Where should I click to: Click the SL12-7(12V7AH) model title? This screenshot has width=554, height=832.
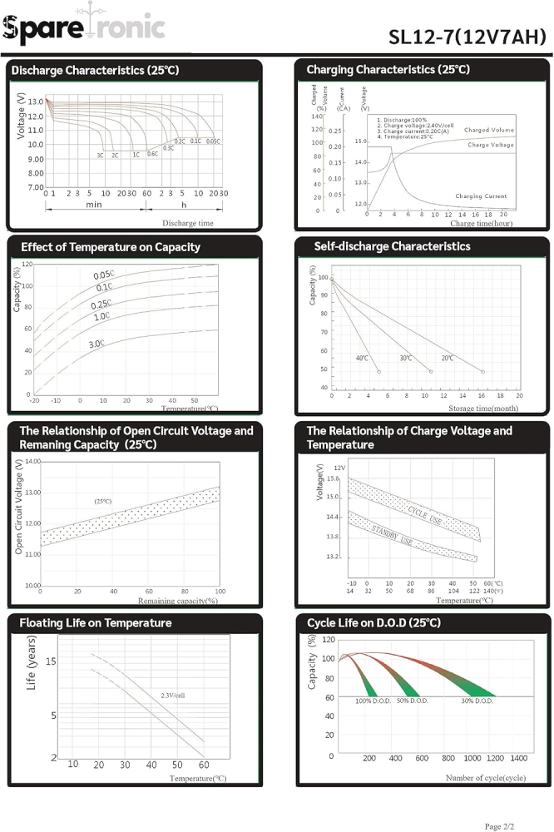[467, 37]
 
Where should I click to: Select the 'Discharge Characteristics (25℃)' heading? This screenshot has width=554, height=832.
[95, 71]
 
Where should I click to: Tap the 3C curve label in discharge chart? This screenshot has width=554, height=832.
[100, 155]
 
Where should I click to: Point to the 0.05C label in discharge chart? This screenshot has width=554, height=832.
[213, 141]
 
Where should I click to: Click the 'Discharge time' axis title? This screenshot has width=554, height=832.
[188, 223]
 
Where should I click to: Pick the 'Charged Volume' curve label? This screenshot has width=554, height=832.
[489, 131]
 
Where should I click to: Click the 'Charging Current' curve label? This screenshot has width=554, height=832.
[481, 196]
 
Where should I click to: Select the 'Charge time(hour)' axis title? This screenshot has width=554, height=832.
[481, 223]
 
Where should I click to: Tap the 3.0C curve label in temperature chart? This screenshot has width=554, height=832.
[97, 344]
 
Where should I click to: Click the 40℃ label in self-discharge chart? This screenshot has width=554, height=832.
[362, 358]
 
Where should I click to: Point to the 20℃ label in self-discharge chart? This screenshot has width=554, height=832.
[448, 358]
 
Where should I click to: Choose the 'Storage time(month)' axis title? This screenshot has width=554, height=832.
[482, 409]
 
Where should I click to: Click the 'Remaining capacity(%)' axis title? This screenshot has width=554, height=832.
[177, 600]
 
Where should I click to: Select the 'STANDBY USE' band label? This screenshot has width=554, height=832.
[392, 535]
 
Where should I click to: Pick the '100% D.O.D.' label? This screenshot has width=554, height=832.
[373, 701]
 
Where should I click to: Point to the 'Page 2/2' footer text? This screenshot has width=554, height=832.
[505, 826]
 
